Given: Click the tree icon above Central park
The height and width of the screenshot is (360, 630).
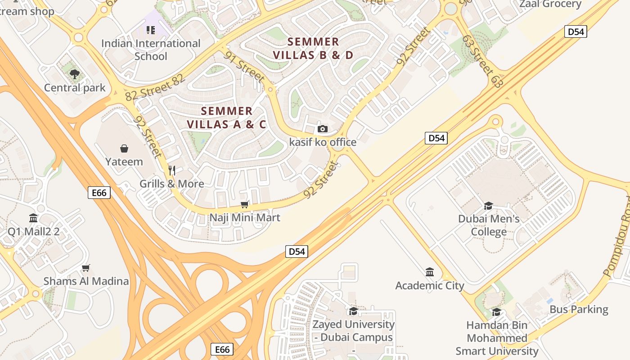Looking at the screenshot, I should [75, 74].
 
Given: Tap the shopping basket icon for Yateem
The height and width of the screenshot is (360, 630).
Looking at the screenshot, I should [124, 148].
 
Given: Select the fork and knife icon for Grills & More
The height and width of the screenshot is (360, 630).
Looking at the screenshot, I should [171, 170].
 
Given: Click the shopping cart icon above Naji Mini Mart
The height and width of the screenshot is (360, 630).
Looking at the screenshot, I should [245, 205].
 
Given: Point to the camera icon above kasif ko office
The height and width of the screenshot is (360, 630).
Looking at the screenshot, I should [322, 129].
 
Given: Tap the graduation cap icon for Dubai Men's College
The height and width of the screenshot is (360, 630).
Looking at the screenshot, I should [488, 206].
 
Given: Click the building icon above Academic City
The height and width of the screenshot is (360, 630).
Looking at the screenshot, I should [430, 272].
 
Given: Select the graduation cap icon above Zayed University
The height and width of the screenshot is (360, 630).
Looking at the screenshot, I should [353, 311].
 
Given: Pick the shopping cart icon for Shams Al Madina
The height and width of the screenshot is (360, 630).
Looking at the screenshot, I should [86, 268].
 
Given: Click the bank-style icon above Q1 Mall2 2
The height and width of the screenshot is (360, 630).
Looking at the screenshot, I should [33, 218].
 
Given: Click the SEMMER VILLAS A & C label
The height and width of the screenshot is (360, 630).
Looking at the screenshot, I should [226, 117].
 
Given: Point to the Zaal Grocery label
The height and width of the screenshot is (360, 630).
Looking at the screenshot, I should [550, 4].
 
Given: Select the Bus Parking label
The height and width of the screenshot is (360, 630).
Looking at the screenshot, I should [579, 310].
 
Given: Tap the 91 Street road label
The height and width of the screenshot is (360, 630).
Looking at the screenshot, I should [245, 67].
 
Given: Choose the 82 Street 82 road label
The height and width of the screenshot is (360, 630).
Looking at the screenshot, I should [155, 88].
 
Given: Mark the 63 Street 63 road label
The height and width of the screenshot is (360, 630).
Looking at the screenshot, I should [481, 62].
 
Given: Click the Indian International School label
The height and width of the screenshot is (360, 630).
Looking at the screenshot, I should [151, 50].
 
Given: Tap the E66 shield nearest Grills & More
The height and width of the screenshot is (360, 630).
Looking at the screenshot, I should [99, 193].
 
